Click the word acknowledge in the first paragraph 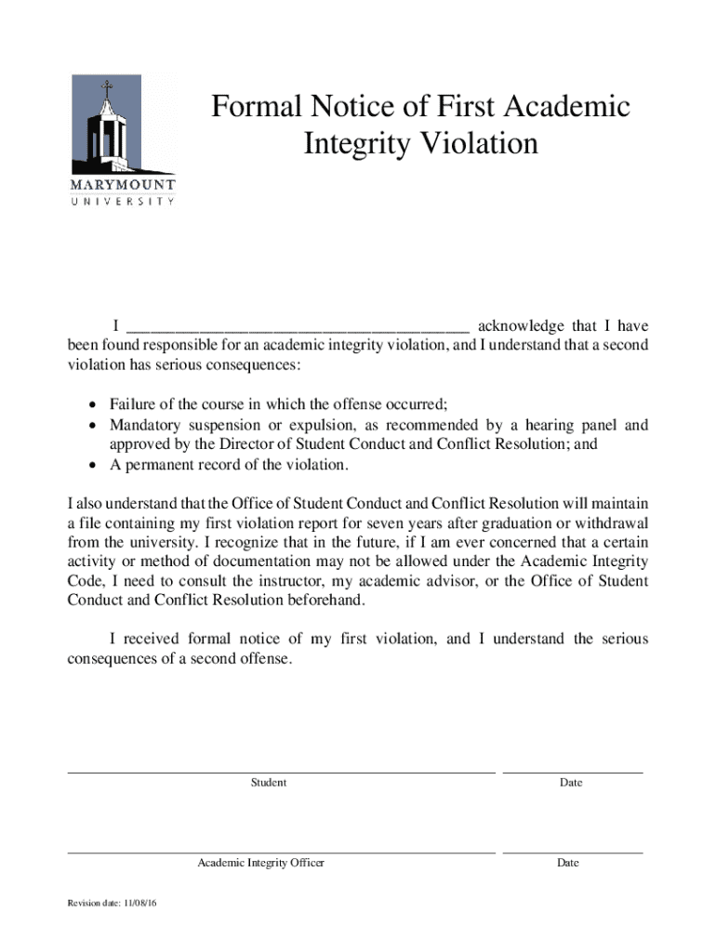[521, 326]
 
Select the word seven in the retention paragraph [394, 522]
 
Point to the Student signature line [281, 772]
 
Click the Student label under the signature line [269, 783]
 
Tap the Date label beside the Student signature [571, 783]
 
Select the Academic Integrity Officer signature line [281, 852]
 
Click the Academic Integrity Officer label [260, 863]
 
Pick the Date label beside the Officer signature [568, 863]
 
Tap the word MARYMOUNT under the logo [123, 184]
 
